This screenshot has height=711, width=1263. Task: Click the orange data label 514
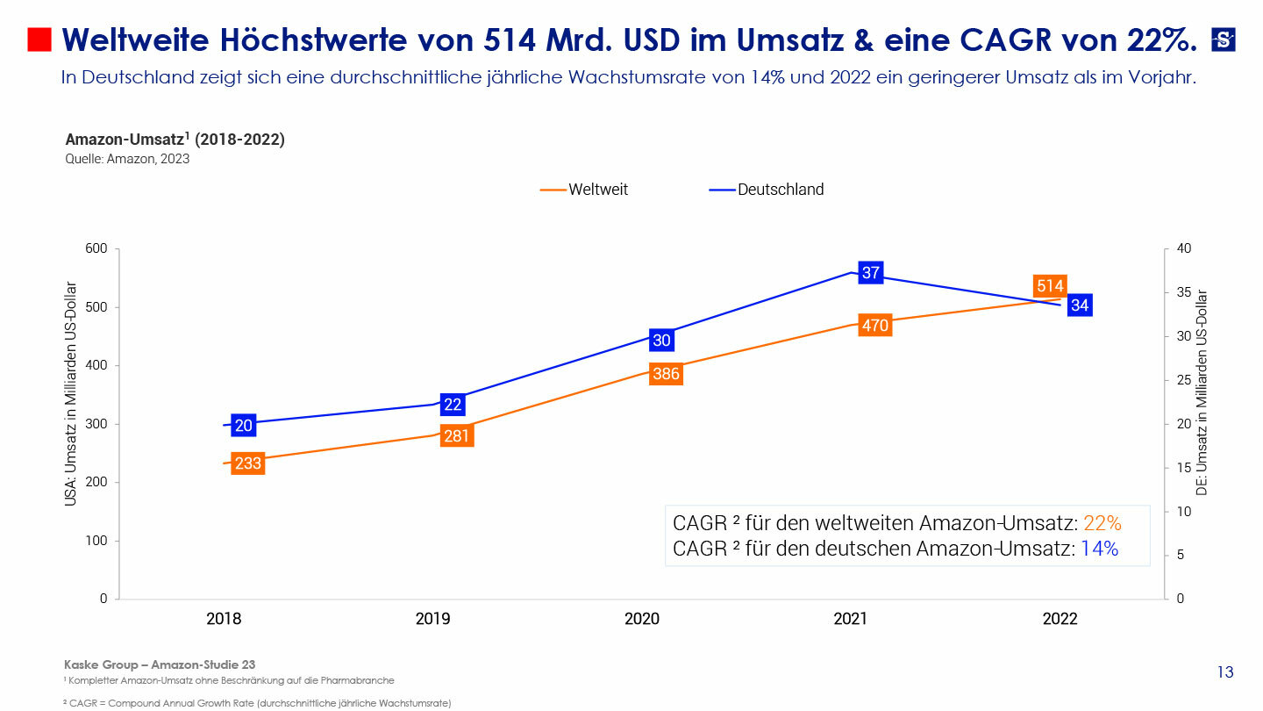point(1050,285)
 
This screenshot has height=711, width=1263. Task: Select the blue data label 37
point(870,273)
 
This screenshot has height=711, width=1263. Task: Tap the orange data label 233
point(248,463)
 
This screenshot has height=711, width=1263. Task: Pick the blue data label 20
point(244,426)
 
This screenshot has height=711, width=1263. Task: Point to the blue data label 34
point(1080,305)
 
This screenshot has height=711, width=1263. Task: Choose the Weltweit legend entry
point(585,190)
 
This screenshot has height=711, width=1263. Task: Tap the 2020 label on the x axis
point(641,619)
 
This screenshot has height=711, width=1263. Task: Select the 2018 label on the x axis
point(224,619)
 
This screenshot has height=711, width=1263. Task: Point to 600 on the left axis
point(96,249)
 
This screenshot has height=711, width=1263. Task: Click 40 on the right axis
point(1183,249)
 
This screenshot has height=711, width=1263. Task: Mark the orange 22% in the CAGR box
point(1102,523)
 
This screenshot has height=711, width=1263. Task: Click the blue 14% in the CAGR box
point(1099,549)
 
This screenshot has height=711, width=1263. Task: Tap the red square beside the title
point(39,39)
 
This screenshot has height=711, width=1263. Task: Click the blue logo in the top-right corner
point(1223,39)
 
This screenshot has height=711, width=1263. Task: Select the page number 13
point(1224,672)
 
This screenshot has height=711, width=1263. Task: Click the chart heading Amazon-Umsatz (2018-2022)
point(175,140)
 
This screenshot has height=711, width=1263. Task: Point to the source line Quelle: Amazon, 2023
point(127,159)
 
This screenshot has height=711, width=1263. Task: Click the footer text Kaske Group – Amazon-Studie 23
point(160,664)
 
